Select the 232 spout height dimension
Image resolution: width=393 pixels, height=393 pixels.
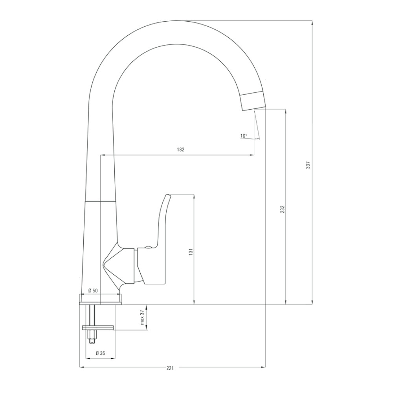point(283,209)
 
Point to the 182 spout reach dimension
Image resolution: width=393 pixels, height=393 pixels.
point(180,150)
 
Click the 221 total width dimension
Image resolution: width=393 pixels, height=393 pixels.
point(170,368)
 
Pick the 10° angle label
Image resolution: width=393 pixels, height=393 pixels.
point(244,136)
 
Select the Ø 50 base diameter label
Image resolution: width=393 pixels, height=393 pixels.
point(93,291)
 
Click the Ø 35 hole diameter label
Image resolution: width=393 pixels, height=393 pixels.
point(100,353)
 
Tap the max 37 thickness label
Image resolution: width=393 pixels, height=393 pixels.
point(143,317)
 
